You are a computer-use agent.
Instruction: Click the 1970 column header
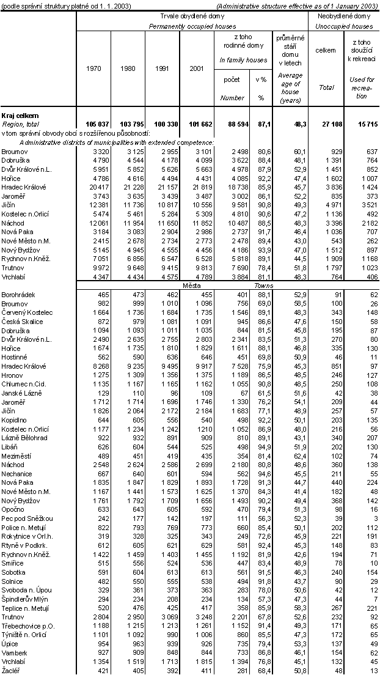pyautogui.click(x=93, y=68)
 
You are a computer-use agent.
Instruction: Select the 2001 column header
pyautogui.click(x=197, y=68)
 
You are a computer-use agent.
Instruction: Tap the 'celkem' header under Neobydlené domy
pyautogui.click(x=326, y=50)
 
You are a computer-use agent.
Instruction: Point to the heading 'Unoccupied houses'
pyautogui.click(x=344, y=27)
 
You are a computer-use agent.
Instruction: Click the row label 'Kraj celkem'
pyautogui.click(x=20, y=115)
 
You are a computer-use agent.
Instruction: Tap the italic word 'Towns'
pyautogui.click(x=264, y=286)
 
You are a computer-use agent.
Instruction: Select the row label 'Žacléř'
pyautogui.click(x=12, y=671)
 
